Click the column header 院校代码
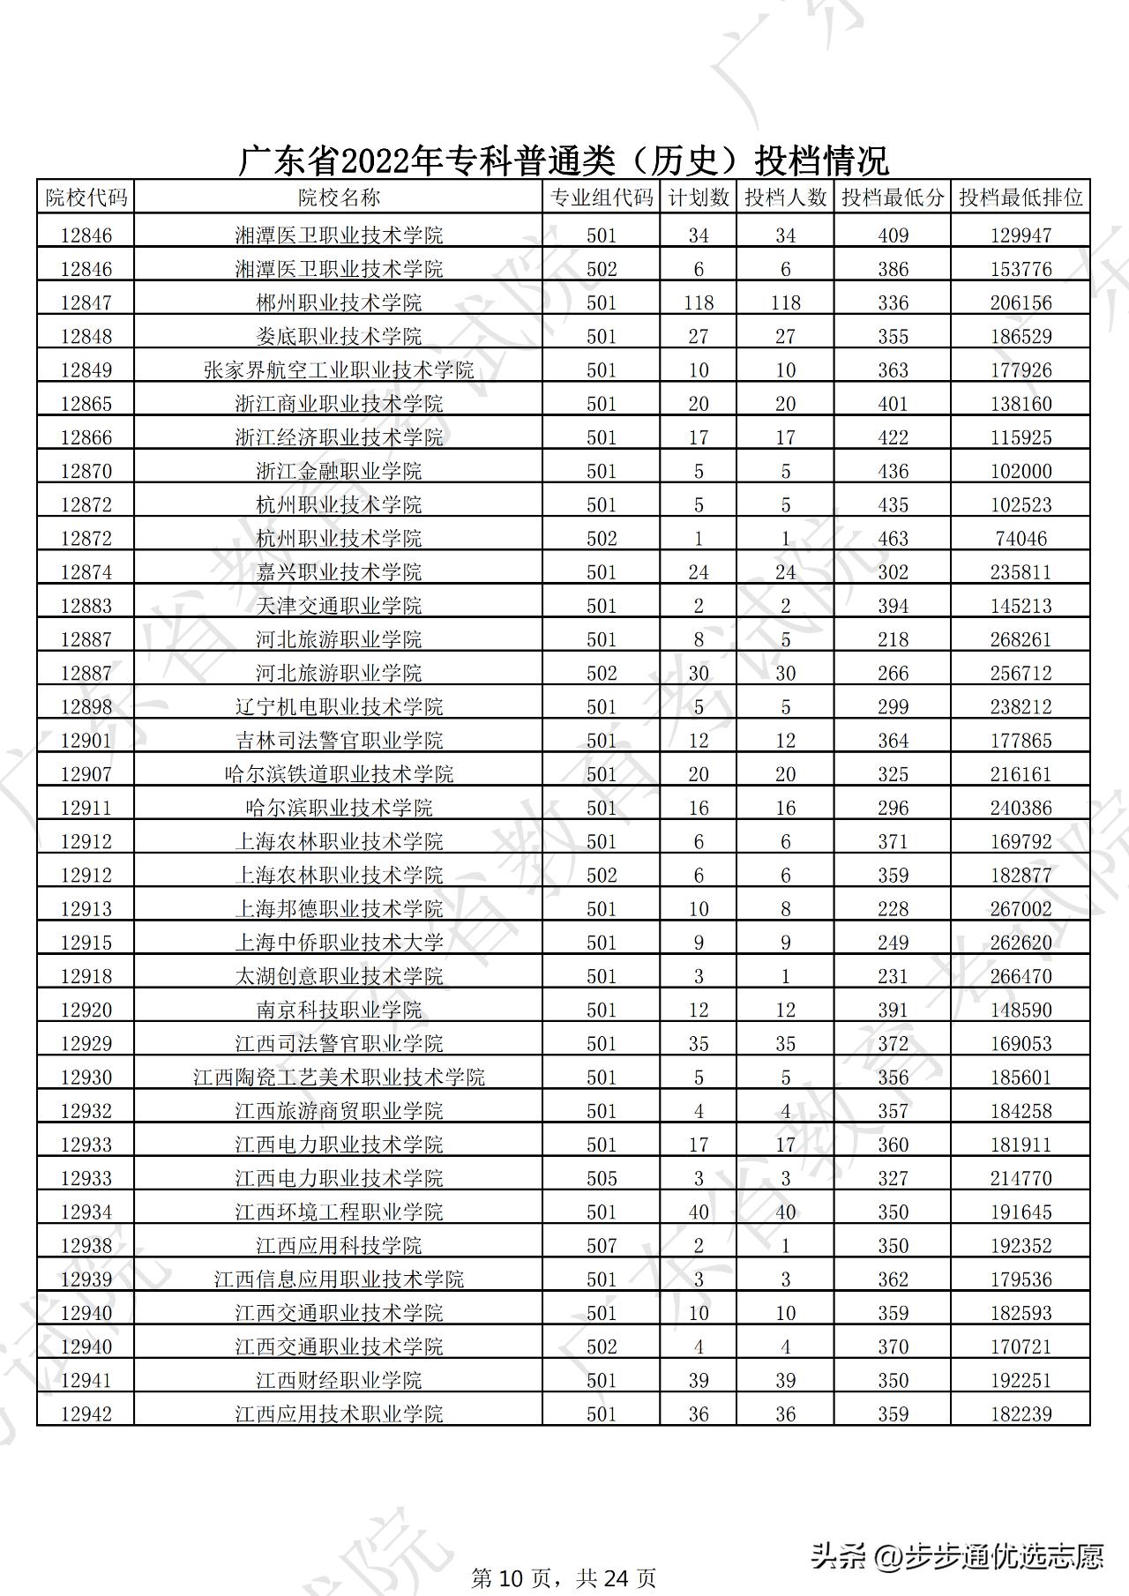point(86,197)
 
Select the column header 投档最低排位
point(1021,197)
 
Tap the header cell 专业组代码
point(602,197)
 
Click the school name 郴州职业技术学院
point(339,302)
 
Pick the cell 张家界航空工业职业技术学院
point(339,369)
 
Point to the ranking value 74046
point(1021,538)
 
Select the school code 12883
point(86,606)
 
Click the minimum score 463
point(893,538)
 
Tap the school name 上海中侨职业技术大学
point(339,943)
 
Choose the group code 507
point(602,1245)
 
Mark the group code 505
point(602,1178)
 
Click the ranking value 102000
point(1021,471)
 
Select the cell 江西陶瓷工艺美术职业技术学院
point(339,1077)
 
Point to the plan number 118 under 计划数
point(699,302)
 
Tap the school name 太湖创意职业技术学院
point(339,976)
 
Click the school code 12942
point(86,1413)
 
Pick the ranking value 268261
point(1021,639)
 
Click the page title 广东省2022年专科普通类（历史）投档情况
point(564,160)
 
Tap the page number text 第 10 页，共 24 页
point(564,1577)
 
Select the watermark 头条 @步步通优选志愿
point(956,1555)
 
